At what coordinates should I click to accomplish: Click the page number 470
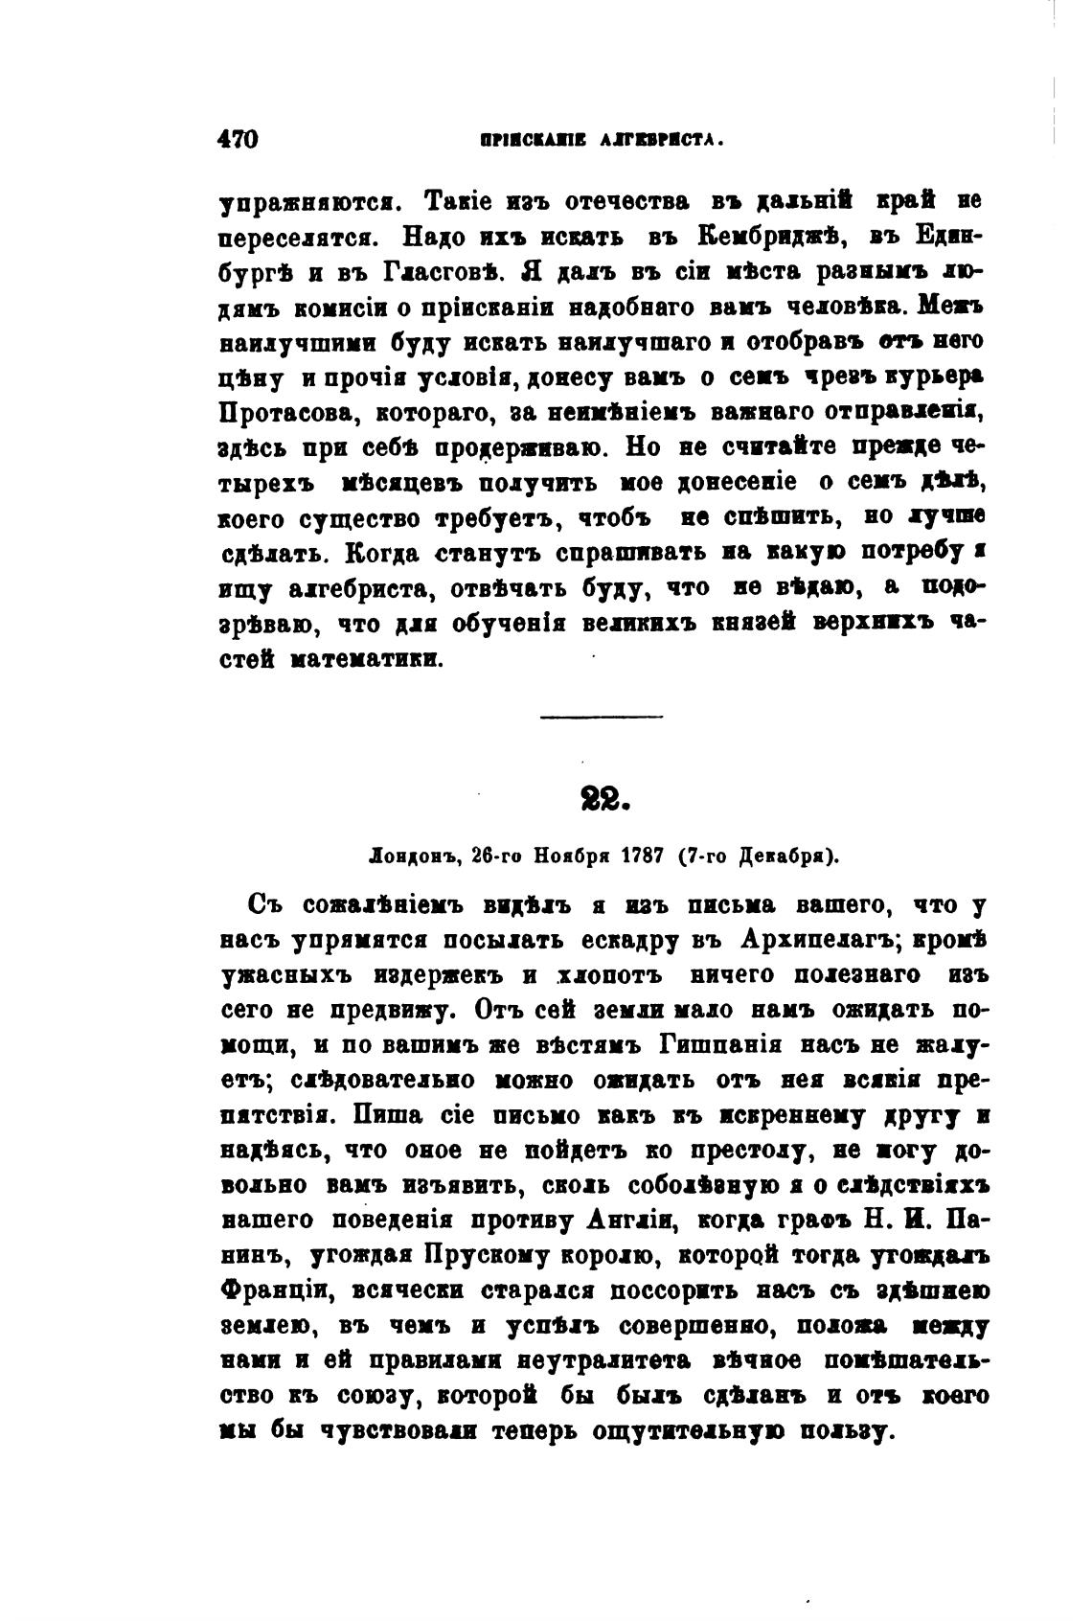tap(239, 138)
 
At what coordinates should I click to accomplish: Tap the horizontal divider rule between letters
tap(601, 717)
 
